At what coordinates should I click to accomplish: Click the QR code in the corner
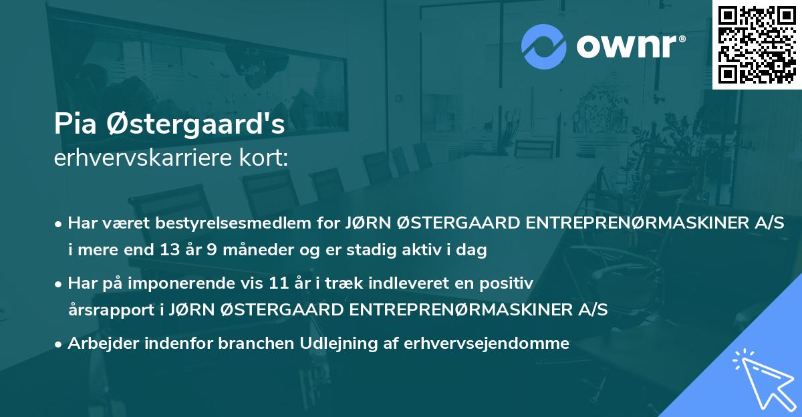click(x=757, y=44)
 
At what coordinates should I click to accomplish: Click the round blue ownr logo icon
click(x=544, y=46)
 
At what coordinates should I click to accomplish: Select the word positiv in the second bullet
click(x=511, y=283)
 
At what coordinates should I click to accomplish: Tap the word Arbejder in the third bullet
click(x=101, y=343)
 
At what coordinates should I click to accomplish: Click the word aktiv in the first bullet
click(x=412, y=251)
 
